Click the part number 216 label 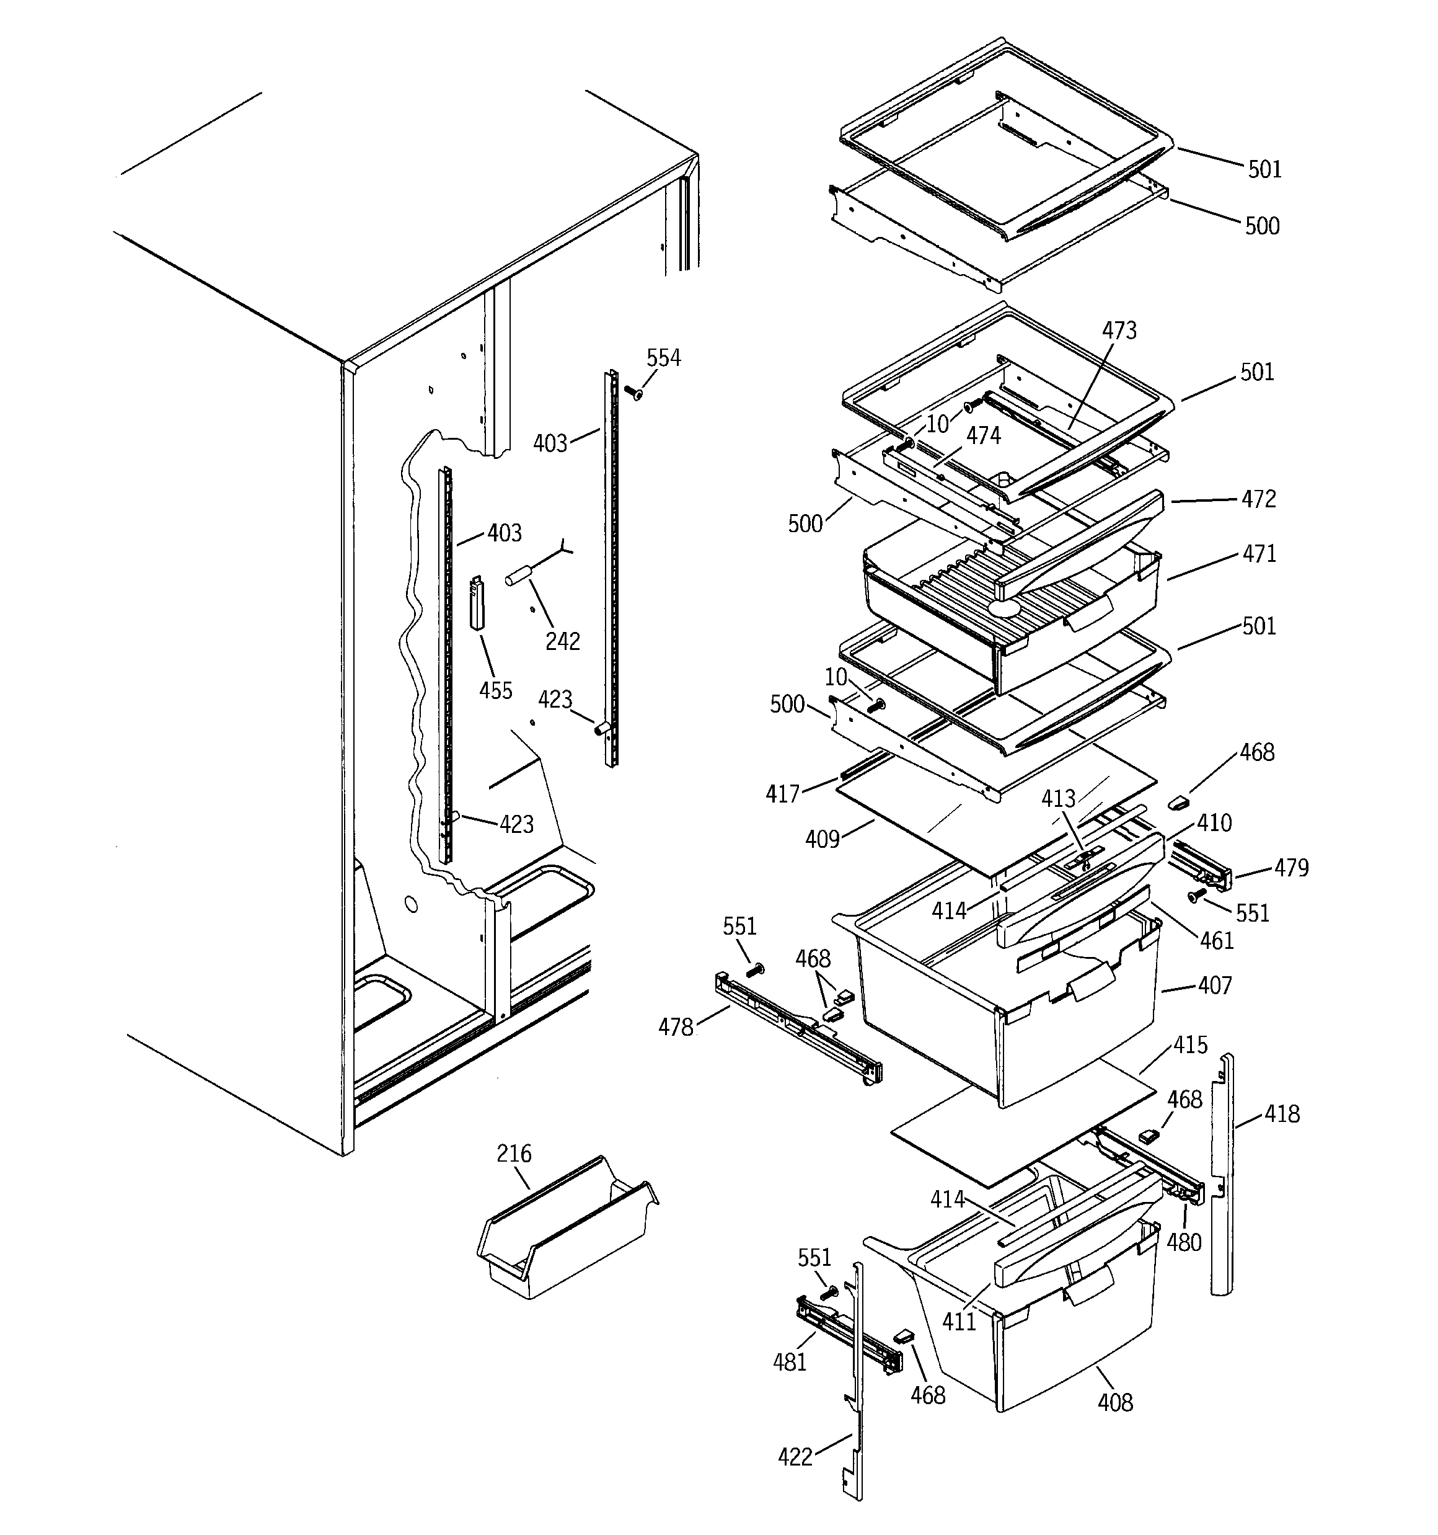click(x=513, y=1154)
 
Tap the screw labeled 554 click(x=635, y=394)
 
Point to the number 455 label click(x=495, y=690)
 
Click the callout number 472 click(x=1258, y=499)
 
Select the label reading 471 click(x=1259, y=554)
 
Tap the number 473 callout click(x=1118, y=331)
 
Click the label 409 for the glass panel click(x=821, y=839)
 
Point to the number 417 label click(x=782, y=794)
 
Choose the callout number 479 click(x=1290, y=868)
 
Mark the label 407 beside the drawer click(x=1214, y=986)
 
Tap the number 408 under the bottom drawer click(x=1114, y=1402)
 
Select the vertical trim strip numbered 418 click(x=1222, y=1173)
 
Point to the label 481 click(x=789, y=1362)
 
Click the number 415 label click(x=1189, y=1046)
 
